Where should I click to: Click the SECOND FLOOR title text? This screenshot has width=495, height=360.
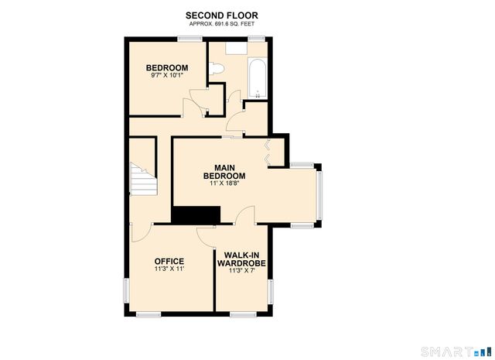point(221,15)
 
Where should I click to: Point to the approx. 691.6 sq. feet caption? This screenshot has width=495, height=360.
point(221,24)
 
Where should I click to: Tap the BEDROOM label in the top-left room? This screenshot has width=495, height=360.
point(167,68)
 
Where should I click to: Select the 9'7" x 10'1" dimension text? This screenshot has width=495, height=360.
point(167,76)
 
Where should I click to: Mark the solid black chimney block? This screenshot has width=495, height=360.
point(196,215)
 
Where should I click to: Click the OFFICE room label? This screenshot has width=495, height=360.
point(169,261)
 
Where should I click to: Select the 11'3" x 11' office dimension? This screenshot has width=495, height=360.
point(169,269)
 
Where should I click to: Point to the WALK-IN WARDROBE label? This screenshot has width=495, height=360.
point(244,259)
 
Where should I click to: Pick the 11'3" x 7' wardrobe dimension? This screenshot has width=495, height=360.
point(244,271)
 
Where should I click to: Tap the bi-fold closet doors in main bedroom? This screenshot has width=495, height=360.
point(268,151)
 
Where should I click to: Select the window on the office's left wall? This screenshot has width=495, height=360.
point(126,290)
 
